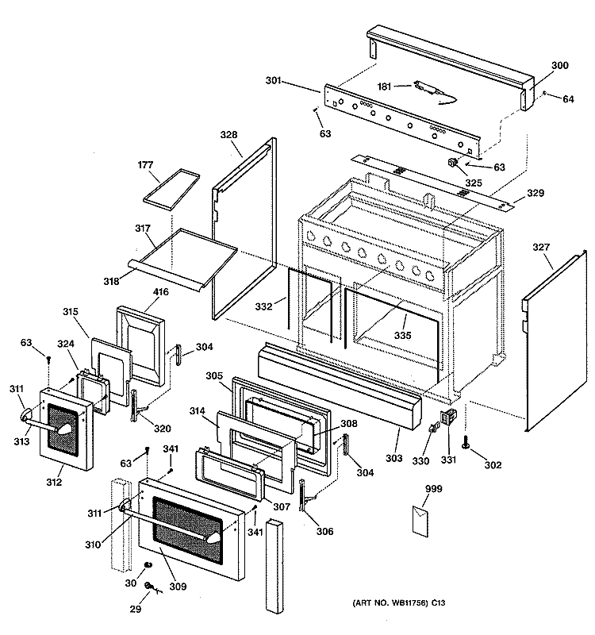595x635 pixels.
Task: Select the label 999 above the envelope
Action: pyautogui.click(x=433, y=490)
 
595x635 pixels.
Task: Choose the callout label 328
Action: pyautogui.click(x=229, y=135)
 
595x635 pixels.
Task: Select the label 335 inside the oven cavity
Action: pyautogui.click(x=404, y=336)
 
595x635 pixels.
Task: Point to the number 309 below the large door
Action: pyautogui.click(x=178, y=587)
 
